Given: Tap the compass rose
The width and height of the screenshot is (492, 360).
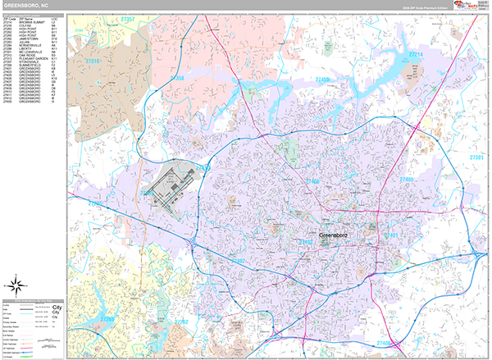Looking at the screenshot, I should click(17, 285).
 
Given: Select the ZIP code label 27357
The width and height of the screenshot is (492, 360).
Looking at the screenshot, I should click(127, 17).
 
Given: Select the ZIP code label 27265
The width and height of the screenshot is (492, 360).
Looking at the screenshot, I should click(107, 318).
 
